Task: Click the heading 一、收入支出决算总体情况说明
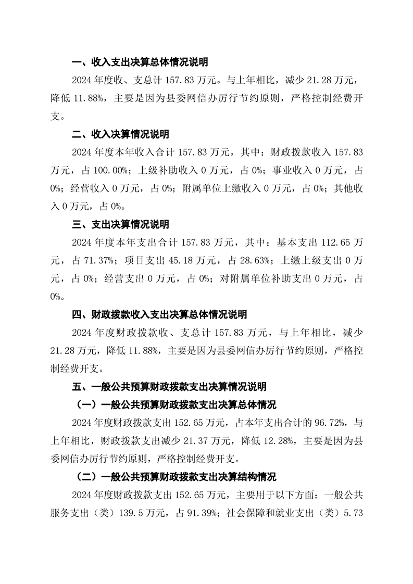coord(140,63)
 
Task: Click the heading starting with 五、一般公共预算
coord(169,387)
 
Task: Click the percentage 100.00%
coord(109,171)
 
